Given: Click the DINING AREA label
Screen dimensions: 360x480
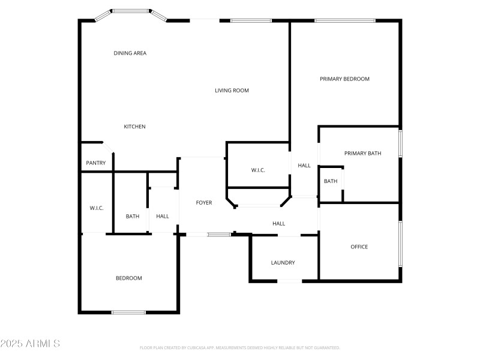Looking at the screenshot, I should tap(130, 53).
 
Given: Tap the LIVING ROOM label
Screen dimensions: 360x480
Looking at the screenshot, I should tap(232, 91).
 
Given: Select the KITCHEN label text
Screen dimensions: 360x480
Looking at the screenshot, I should tap(134, 127).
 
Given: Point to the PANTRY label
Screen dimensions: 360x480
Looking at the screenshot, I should tap(96, 163).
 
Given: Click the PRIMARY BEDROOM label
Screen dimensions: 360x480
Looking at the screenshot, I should tap(344, 79).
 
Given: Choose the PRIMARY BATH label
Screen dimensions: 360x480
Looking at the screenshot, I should tap(362, 154).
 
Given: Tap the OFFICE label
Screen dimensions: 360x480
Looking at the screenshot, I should tap(359, 247).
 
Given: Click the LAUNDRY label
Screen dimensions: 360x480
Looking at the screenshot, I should tap(283, 263).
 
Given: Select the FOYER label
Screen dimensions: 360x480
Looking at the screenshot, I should tap(204, 203).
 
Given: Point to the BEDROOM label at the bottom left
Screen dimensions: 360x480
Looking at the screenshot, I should tap(129, 278).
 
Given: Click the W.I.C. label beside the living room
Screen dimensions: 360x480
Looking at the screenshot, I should tap(258, 170).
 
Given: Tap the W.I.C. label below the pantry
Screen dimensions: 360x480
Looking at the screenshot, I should tap(97, 208).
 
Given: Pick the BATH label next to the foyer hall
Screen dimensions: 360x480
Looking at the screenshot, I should tap(133, 217).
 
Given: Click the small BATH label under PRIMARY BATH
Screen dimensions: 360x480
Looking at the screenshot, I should tap(331, 181).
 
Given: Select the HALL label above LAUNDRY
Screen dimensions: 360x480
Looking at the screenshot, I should tap(278, 224).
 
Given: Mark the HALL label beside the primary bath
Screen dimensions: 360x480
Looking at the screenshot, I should tap(304, 166).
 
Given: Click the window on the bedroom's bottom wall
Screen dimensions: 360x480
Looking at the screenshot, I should tap(129, 312).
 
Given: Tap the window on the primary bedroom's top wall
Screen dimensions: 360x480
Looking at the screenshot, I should tap(345, 21).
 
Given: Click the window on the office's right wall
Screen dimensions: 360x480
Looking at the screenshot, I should tap(400, 243).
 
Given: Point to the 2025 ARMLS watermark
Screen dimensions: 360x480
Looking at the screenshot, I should tap(30, 344).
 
